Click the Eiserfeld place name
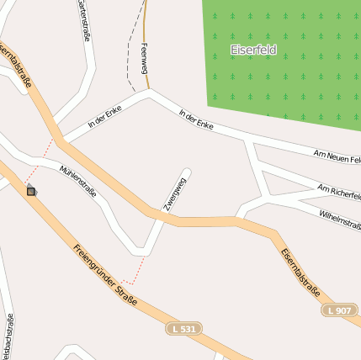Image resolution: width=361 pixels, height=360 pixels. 253,50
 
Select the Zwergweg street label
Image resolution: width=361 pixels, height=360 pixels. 175,197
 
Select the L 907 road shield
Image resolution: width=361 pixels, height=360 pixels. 340,310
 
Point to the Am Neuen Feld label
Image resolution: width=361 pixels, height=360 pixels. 336,156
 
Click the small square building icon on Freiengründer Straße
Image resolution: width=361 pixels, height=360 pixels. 31,191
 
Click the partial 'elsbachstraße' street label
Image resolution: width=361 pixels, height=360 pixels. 8,337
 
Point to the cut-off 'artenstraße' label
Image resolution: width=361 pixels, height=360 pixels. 83,20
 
